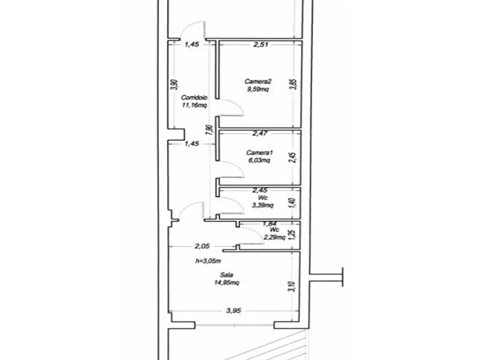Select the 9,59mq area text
[257, 89]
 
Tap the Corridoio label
[194, 98]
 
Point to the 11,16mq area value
[194, 105]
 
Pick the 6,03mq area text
[259, 160]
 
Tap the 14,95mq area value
[226, 283]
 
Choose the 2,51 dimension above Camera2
[260, 45]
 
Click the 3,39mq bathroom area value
[263, 205]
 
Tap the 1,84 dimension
[269, 224]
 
